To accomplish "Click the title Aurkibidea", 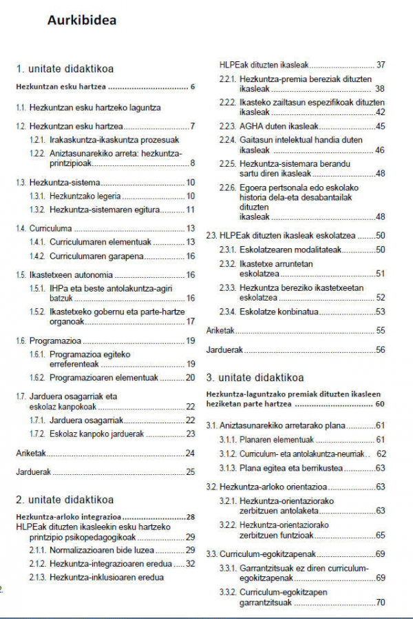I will click(x=81, y=20).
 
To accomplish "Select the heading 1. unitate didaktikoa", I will click(x=65, y=68).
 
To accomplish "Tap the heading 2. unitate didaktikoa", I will click(x=65, y=500).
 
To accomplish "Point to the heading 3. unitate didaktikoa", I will click(x=255, y=378).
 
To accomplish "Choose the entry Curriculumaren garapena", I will click(x=96, y=256).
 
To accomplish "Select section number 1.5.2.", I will click(x=36, y=312).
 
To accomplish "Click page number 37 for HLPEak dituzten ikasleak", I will click(x=380, y=65).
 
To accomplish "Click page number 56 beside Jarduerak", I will click(x=380, y=350).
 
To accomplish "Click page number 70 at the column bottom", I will click(x=380, y=603).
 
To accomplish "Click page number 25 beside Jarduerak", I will click(x=190, y=472).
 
